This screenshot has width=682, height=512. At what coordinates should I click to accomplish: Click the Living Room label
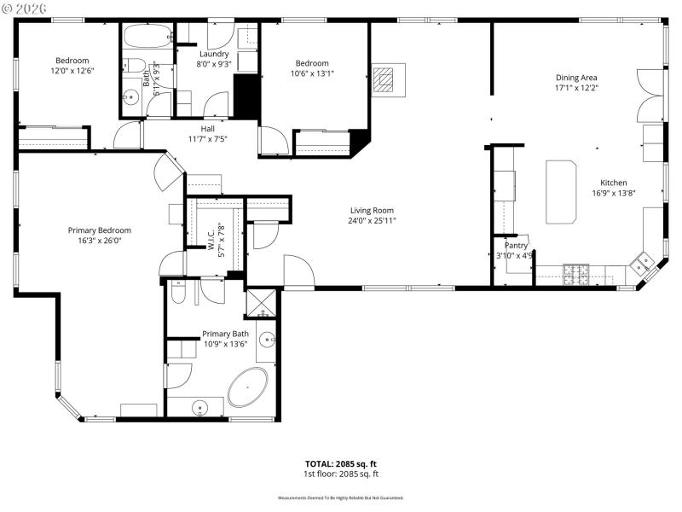[x=372, y=210]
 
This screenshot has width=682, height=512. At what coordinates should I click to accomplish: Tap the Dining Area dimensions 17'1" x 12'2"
[x=576, y=87]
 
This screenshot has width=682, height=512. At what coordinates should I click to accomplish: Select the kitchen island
[x=561, y=189]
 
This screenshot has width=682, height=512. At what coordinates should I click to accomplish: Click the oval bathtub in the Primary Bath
[x=247, y=387]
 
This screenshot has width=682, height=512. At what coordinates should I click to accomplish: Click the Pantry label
[x=517, y=245]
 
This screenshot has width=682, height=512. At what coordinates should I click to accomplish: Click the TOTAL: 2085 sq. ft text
[x=341, y=464]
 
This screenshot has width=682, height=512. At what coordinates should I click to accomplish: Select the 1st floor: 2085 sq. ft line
[x=341, y=474]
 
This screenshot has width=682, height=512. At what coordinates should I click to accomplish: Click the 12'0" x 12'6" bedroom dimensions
[x=72, y=71]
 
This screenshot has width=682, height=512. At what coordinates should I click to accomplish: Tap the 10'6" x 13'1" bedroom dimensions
[x=312, y=73]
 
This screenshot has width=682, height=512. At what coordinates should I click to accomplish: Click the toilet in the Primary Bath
[x=177, y=294]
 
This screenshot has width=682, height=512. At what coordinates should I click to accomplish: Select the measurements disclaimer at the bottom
[x=341, y=497]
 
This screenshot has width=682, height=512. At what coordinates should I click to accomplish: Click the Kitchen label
[x=614, y=183]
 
